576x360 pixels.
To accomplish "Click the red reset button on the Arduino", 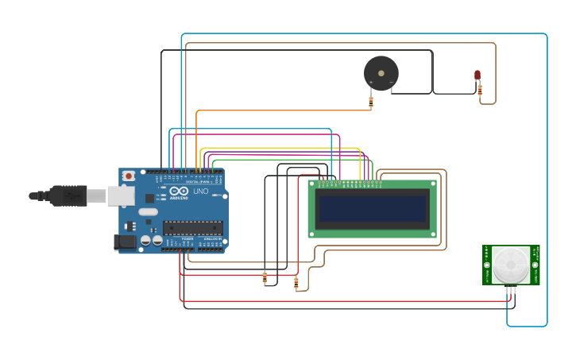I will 128,176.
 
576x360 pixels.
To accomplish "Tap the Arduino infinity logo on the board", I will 176,192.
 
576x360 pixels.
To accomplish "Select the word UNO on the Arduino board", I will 200,192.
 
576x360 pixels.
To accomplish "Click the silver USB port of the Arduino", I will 120,195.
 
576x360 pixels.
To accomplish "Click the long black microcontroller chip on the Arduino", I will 192,228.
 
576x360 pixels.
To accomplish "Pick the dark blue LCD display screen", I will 372,209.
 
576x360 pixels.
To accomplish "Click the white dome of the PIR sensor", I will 510,264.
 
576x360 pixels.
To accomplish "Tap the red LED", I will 477,75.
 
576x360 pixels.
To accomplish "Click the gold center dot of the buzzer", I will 381,73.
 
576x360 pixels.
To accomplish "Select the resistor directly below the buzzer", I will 371,101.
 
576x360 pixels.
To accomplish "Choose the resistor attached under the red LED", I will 480,91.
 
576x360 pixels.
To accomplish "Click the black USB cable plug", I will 68,195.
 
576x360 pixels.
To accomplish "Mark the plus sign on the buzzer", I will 371,83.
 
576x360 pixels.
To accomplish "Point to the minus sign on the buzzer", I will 391,83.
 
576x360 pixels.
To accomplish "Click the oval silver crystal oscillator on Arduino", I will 148,211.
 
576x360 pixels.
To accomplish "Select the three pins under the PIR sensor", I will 511,290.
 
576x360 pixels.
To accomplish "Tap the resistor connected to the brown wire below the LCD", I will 296,281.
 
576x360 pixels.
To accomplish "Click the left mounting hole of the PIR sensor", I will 486,263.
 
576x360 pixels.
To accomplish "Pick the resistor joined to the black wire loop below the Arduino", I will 265,277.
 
